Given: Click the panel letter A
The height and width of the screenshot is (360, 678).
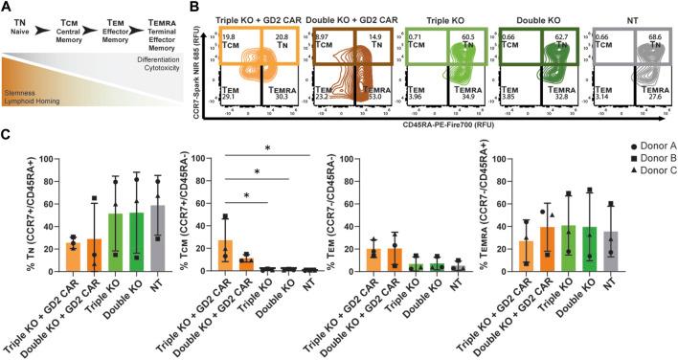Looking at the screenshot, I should point(7,8).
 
